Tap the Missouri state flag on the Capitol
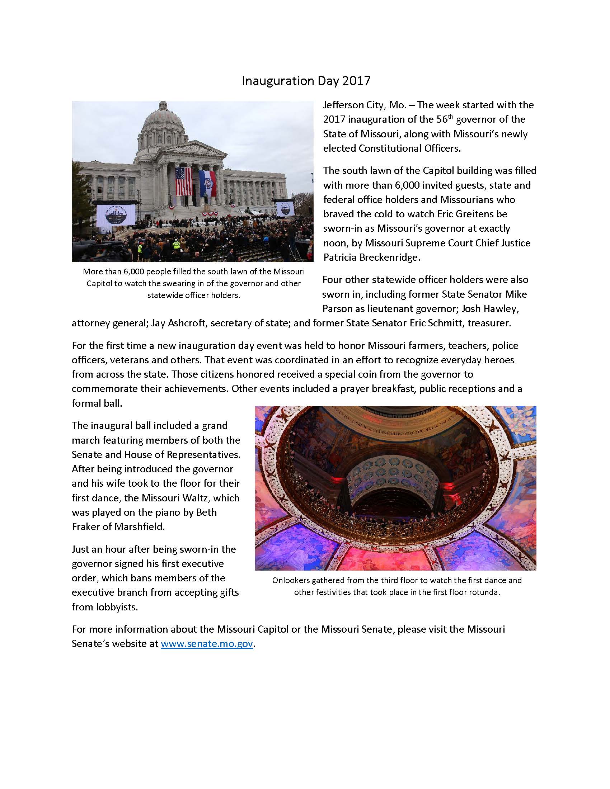207,183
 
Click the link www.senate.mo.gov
206,644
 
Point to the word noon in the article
335,243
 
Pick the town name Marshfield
140,527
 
